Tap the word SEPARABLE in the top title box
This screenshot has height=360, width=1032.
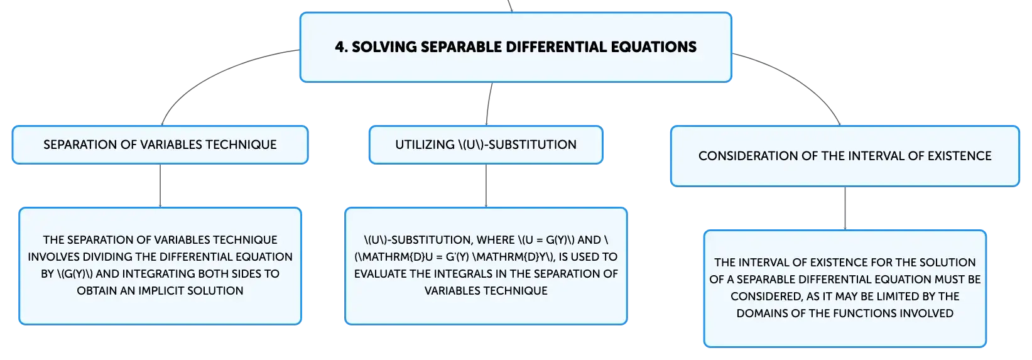(461, 47)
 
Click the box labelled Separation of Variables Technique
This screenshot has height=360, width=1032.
(160, 145)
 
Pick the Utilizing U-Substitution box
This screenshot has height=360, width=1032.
(486, 145)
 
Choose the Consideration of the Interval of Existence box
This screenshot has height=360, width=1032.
(845, 156)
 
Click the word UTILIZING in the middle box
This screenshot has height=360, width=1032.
(425, 145)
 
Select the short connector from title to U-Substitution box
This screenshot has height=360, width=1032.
(488, 104)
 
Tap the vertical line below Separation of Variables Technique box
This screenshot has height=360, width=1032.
(160, 186)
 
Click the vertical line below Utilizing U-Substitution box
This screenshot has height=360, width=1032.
(486, 186)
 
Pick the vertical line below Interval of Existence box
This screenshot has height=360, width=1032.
(845, 209)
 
